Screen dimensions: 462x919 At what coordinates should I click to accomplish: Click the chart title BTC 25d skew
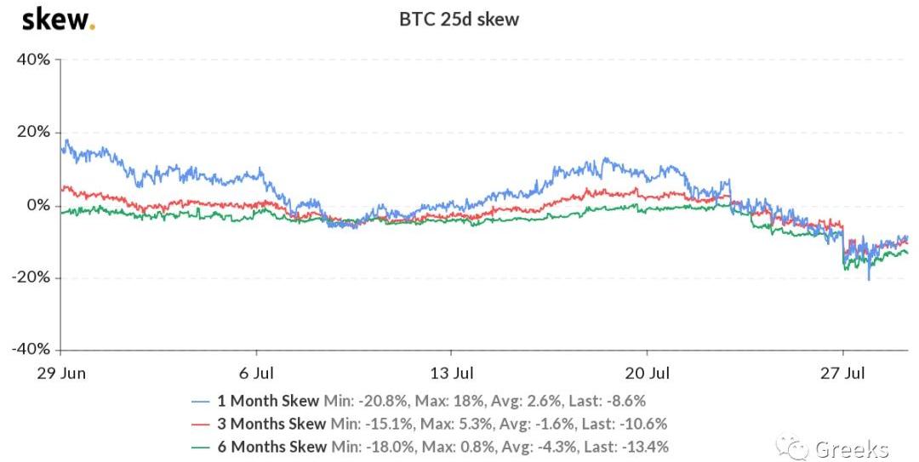click(459, 20)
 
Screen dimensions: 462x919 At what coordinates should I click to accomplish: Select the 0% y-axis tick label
click(38, 205)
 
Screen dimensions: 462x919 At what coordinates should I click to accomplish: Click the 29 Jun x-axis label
click(61, 374)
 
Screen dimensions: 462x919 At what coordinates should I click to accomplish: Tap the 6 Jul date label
click(256, 374)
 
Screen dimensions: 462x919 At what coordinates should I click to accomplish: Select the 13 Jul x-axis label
click(452, 374)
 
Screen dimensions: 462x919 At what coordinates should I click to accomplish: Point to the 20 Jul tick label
click(647, 374)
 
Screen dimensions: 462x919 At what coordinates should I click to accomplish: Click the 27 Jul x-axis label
click(842, 374)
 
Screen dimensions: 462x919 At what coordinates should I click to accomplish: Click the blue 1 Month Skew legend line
click(201, 401)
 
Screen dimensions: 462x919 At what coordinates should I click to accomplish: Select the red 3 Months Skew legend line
click(201, 424)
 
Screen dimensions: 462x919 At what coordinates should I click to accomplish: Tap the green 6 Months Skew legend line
click(201, 447)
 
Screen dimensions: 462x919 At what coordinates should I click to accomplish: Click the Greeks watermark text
click(852, 448)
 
